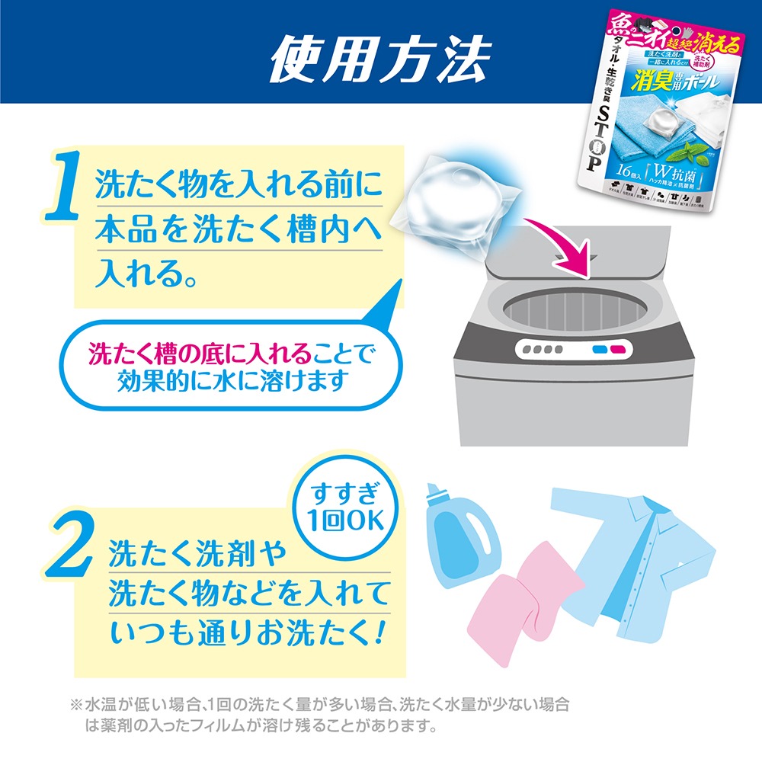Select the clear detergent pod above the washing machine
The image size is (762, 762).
(x=450, y=200)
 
